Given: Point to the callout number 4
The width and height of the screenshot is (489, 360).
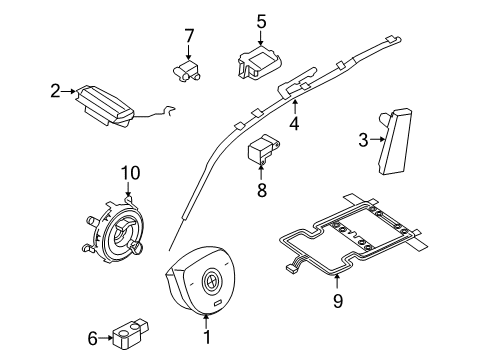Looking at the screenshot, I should [294, 125].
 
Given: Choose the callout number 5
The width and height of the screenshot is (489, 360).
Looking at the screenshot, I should [261, 20].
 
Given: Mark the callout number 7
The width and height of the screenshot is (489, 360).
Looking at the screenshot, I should [187, 36].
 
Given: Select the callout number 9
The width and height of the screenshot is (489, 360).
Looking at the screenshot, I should [337, 298].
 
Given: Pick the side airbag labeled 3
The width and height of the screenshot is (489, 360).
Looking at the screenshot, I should [401, 140].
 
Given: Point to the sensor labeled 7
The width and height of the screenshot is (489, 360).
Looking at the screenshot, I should [186, 70].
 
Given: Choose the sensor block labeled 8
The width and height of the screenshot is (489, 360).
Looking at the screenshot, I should [261, 149].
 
